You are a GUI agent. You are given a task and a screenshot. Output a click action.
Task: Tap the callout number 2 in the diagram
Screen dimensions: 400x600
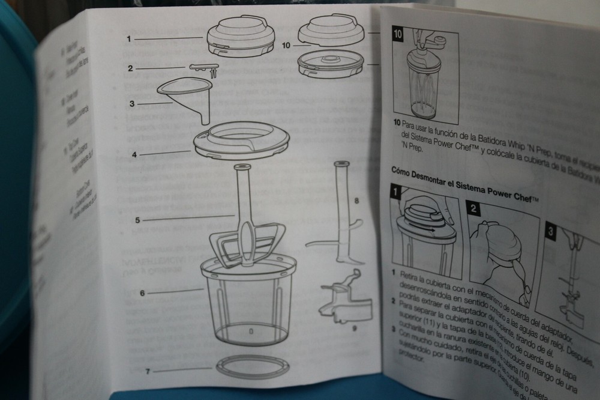point(130,68)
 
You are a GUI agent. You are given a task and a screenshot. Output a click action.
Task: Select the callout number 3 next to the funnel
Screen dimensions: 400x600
point(132,103)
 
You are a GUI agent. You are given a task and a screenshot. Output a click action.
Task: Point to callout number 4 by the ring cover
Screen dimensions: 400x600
point(134,154)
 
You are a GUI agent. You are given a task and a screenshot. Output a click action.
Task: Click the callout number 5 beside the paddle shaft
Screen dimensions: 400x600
point(137,219)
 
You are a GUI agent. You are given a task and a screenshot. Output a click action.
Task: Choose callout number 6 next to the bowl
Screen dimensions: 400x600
point(142,294)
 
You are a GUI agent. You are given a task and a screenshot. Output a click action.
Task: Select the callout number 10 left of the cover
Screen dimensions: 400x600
point(286,45)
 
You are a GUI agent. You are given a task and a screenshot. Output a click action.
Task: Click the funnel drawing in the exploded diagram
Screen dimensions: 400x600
point(186,96)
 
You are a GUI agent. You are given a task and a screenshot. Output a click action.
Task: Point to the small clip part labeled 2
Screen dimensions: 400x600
point(204,69)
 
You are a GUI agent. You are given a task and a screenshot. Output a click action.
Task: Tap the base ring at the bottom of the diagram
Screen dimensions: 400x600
point(252,366)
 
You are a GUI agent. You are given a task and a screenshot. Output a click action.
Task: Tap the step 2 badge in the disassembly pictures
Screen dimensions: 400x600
point(474,208)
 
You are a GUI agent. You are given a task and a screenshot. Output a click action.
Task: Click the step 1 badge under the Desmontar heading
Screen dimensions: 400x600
point(396,193)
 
